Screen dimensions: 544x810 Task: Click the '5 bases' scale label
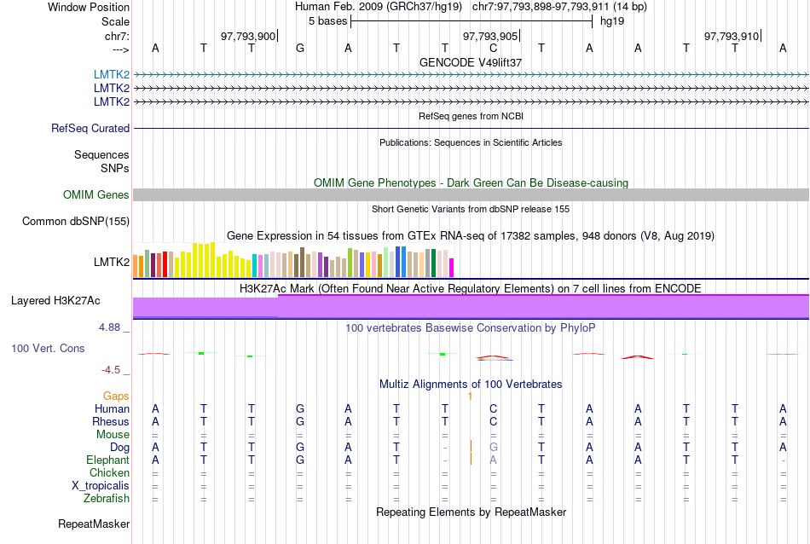327,20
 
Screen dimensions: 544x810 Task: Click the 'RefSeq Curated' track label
90,128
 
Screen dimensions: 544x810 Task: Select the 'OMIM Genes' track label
96,194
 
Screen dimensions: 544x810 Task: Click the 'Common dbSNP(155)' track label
76,222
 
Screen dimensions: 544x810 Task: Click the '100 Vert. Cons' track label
48,348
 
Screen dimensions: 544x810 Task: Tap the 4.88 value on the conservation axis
112,327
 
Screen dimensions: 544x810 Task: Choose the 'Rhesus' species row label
111,421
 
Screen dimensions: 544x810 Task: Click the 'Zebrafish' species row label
107,498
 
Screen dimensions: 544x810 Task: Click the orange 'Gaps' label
116,396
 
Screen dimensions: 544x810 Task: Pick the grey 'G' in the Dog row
493,447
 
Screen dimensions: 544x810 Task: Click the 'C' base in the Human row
493,408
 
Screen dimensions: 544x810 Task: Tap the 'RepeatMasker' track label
94,524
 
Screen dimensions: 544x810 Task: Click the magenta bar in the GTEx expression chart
452,267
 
